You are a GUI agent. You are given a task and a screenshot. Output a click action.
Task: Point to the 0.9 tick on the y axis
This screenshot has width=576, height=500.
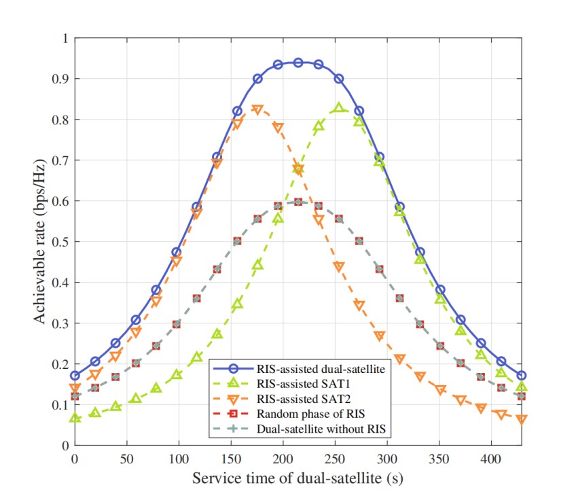click(60, 79)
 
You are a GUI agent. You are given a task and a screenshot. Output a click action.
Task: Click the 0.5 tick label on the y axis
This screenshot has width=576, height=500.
click(60, 242)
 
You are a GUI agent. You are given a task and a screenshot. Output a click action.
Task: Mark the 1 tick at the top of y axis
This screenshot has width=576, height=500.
click(65, 38)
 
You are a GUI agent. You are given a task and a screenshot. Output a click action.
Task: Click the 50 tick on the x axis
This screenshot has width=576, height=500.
click(126, 459)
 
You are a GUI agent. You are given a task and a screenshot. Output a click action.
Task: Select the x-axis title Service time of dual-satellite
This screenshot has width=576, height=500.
click(298, 478)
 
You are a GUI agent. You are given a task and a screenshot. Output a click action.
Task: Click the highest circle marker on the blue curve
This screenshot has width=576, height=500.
click(298, 62)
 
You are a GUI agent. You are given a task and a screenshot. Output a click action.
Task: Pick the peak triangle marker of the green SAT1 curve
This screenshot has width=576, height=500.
click(339, 108)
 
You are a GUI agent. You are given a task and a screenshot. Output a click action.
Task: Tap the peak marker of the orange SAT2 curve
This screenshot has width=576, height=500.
click(257, 109)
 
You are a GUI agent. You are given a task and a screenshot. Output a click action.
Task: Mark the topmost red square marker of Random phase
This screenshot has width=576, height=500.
click(298, 202)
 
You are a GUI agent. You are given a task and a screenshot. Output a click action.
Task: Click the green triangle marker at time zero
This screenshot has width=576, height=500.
click(75, 418)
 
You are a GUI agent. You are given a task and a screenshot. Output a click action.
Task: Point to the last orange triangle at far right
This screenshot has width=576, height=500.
click(522, 419)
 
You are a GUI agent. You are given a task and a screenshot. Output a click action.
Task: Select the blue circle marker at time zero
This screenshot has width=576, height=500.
click(75, 376)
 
